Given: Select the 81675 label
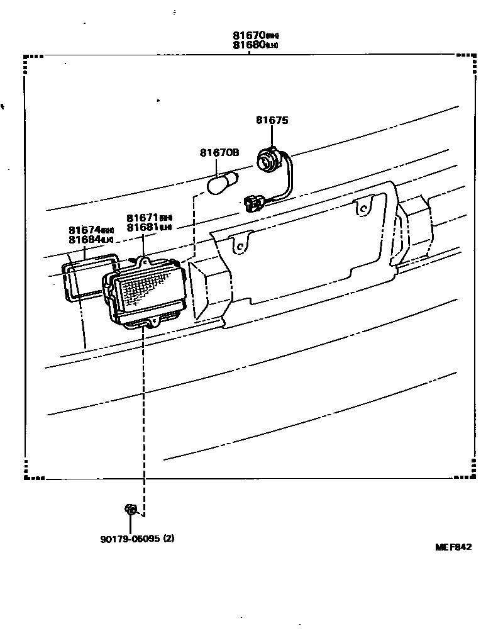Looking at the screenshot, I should (x=272, y=120).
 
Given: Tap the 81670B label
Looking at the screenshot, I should (x=219, y=153).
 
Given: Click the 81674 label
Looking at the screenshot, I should (x=85, y=230).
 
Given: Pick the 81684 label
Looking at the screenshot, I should (x=85, y=240).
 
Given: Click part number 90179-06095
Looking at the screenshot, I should (x=129, y=539).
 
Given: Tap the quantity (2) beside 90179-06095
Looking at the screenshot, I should (x=169, y=539).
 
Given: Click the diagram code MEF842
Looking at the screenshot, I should (x=453, y=547).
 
